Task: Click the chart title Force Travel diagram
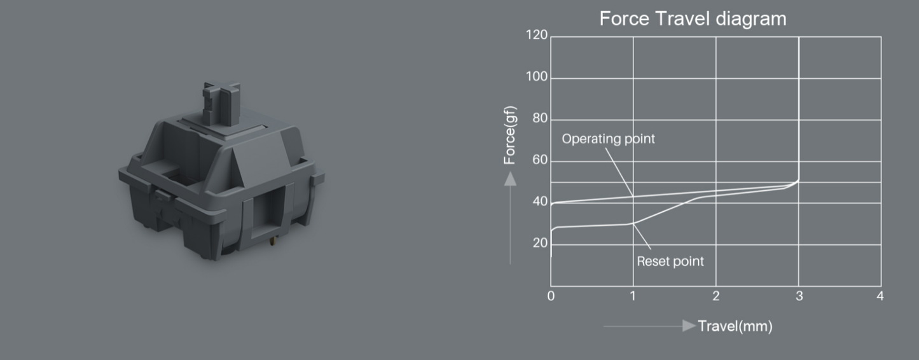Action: [693, 19]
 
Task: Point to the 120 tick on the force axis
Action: [537, 35]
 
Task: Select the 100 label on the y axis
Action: [537, 76]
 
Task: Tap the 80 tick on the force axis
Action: [540, 118]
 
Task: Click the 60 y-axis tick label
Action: [540, 160]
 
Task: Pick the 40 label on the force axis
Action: [540, 202]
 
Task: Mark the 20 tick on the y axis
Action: [540, 243]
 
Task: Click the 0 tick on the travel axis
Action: [551, 296]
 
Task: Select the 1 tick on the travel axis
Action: [633, 296]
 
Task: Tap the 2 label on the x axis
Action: [716, 296]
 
